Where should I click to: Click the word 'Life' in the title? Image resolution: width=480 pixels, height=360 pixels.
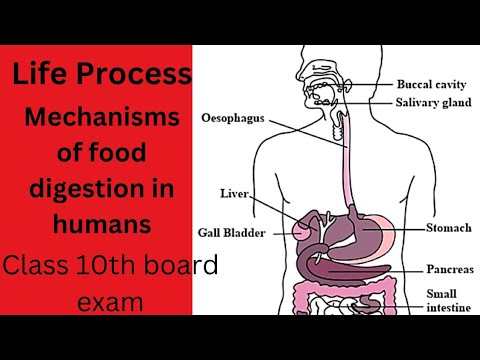click(41, 73)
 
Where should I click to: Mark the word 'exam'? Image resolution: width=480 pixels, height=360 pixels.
click(102, 300)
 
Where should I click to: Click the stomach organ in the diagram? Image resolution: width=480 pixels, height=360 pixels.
click(361, 226)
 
